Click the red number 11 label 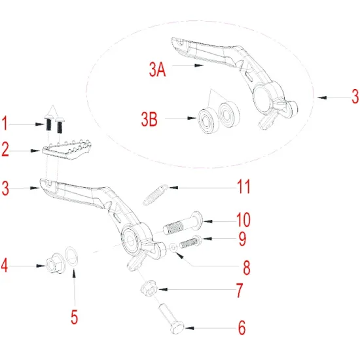pyautogui.click(x=243, y=188)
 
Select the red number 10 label pyautogui.click(x=242, y=219)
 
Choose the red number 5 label pyautogui.click(x=74, y=317)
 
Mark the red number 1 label pyautogui.click(x=6, y=123)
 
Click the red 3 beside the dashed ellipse pyautogui.click(x=354, y=98)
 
